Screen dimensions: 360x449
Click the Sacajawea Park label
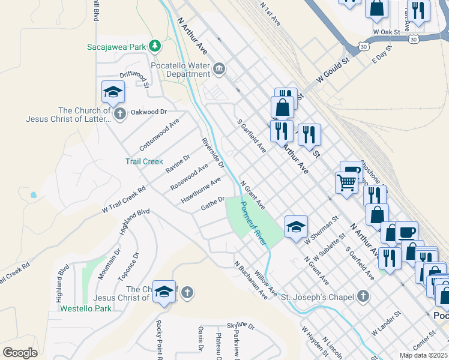coord(116,46)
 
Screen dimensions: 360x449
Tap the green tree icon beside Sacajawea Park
coord(155,46)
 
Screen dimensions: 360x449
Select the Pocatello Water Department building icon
coord(218,70)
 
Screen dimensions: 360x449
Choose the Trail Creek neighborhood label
coord(144,161)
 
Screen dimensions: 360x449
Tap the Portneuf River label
coord(253,223)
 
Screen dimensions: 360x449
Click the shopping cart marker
coord(346,181)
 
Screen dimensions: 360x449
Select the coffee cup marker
coord(407,232)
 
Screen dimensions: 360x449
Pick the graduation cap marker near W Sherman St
coord(295,227)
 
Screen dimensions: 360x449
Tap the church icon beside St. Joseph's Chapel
coord(363,295)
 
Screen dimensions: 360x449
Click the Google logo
coord(20,353)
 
